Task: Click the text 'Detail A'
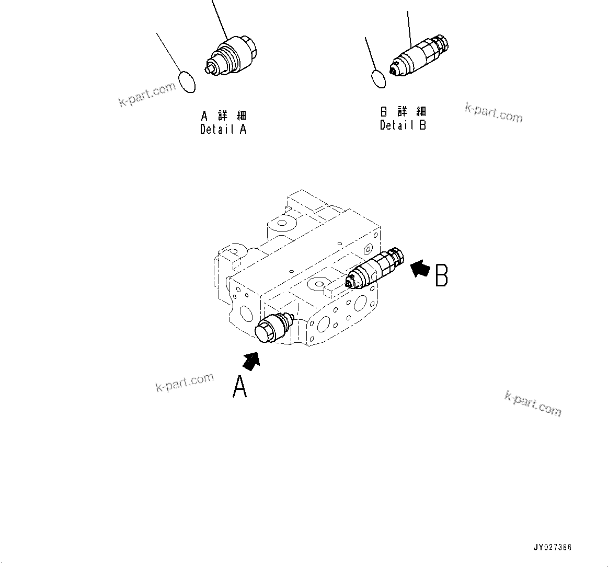coord(223,129)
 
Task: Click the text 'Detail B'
coord(403,125)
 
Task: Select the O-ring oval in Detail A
coord(187,82)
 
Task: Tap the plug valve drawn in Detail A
coord(233,55)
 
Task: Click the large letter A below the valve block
coord(239,388)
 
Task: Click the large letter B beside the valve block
coord(442,275)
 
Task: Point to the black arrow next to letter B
coord(420,269)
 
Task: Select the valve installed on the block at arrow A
coord(272,329)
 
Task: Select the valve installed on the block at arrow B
coord(376,267)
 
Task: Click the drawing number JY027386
coord(553,547)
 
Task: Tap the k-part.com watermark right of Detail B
coord(494,112)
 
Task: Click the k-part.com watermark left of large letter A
coord(185,383)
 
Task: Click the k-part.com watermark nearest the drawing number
coord(533,404)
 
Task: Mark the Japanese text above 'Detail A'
coord(224,115)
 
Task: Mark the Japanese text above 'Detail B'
coord(403,111)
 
